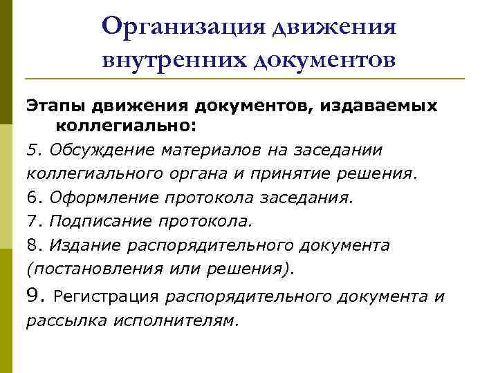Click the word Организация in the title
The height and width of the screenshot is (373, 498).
pyautogui.click(x=182, y=27)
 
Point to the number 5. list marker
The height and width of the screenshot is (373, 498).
pyautogui.click(x=34, y=150)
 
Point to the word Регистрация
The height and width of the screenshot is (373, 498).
pyautogui.click(x=107, y=297)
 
